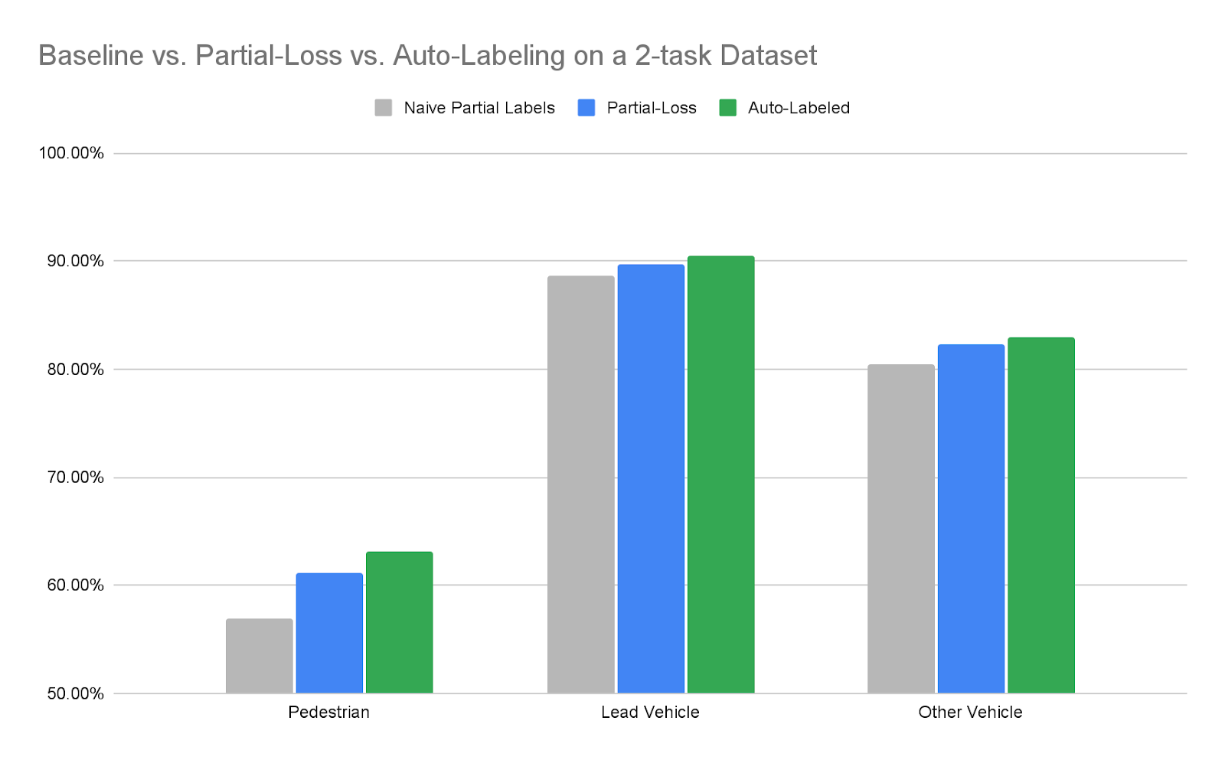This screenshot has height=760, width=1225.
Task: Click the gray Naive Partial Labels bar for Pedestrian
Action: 259,656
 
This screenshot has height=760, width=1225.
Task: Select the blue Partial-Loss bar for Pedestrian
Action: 329,633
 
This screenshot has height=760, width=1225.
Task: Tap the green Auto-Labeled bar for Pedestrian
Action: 399,622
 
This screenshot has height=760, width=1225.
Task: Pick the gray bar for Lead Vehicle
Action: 580,484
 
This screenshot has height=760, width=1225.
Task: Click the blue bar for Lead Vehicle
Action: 651,478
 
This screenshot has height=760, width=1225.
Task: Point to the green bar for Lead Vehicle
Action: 720,475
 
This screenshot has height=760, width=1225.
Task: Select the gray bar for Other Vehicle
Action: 900,529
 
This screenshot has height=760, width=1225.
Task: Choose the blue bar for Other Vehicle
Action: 971,519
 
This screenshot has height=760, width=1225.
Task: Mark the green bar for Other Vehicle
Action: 1040,515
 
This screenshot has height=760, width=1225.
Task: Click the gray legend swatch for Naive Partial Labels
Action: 384,108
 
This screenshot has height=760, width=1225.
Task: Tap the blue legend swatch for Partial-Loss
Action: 586,108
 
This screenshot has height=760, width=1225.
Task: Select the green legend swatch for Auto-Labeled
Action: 727,108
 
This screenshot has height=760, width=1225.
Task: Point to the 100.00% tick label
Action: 71,153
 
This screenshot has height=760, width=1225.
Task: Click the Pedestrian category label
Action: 328,713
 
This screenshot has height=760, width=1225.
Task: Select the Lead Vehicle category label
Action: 650,713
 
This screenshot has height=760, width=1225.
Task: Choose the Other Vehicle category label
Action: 970,713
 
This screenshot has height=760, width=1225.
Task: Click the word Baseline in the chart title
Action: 91,56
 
